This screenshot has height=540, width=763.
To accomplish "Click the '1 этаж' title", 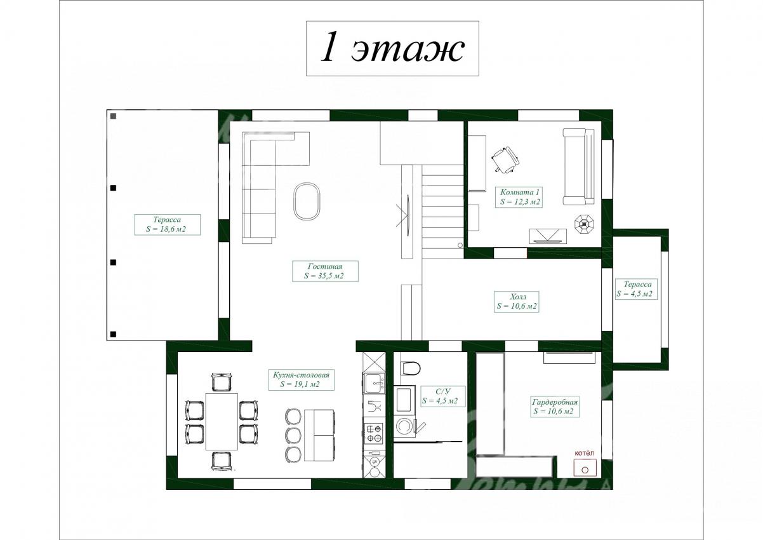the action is point(392,48).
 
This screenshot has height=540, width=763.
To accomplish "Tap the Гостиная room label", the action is point(325,271).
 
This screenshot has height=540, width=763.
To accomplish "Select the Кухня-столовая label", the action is point(301,379).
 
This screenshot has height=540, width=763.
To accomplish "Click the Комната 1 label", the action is point(520,197).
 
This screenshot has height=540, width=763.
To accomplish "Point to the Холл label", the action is point(516,301).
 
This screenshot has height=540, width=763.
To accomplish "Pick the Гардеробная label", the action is point(555,407).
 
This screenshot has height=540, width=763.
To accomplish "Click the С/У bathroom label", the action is point(440,396).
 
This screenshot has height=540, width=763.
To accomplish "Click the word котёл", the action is point(584,453).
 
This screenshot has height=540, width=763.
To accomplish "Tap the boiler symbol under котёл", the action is point(585,468).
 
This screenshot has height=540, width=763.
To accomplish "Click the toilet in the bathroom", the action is point(411,368).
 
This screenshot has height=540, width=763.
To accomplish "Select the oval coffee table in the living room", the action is point(307,201).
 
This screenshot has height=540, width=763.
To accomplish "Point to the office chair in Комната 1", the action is point(505,160).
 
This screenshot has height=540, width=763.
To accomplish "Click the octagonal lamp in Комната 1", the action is point(584,224).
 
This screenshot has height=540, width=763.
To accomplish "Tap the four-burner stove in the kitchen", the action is point(374,434).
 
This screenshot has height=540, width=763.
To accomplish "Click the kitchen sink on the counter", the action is point(375,383).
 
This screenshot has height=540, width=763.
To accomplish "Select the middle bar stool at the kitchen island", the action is point(293,435).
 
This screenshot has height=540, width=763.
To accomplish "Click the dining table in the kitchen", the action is point(222,421).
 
